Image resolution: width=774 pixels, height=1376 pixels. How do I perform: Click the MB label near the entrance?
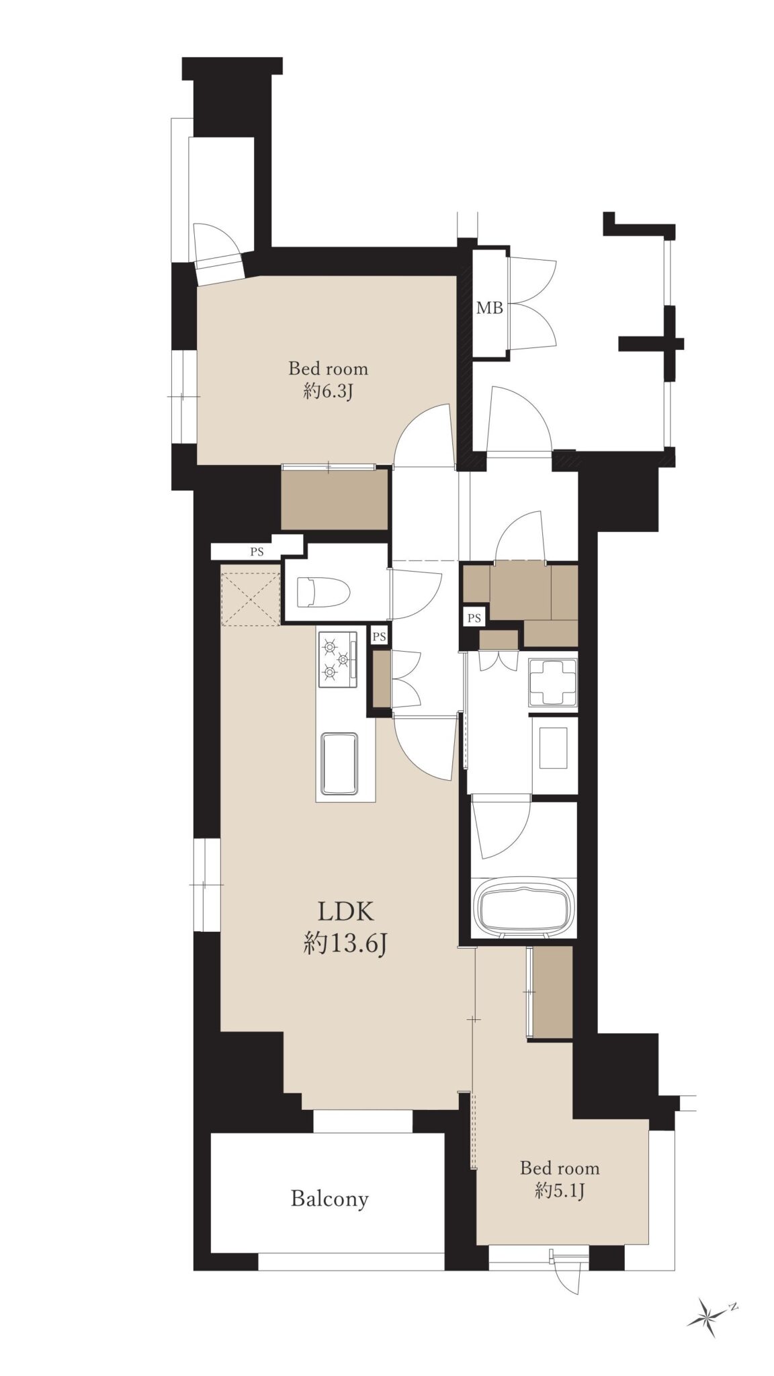pos(489,308)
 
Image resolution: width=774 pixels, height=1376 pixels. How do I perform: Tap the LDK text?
pos(345,911)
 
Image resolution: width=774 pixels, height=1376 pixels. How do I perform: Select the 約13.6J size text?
pos(345,944)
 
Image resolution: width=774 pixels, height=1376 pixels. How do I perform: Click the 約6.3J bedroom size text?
pos(328,391)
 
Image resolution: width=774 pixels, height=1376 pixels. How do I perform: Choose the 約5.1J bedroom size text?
pos(560,1191)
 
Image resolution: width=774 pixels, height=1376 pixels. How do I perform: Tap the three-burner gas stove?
pos(338,660)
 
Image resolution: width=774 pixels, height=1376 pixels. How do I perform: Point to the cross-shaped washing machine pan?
pos(553,682)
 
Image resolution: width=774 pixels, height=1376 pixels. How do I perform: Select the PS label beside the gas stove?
pos(380,636)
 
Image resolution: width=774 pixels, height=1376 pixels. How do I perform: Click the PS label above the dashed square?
pos(257,552)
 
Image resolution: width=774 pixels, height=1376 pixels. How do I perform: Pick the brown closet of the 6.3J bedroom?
pos(335,499)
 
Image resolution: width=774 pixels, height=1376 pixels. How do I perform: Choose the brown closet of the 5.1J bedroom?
pos(552,992)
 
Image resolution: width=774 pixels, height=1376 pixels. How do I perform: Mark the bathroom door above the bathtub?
pos(501,827)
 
